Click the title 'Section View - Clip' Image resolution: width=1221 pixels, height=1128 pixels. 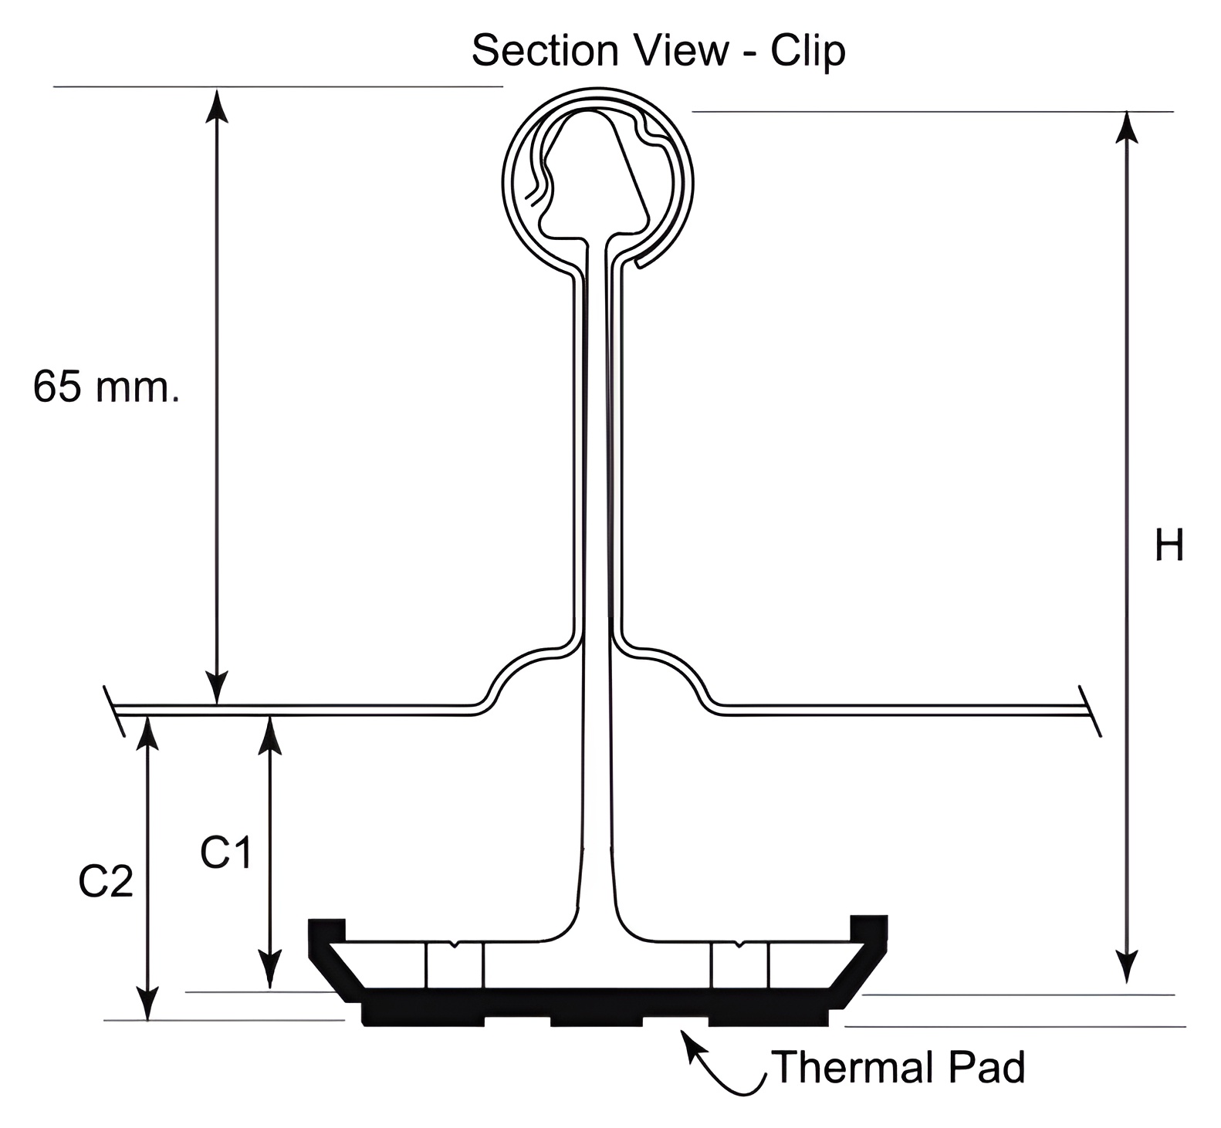pyautogui.click(x=658, y=51)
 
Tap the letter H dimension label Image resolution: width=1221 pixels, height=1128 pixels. pyautogui.click(x=1169, y=546)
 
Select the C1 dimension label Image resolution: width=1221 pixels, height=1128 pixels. pyautogui.click(x=225, y=853)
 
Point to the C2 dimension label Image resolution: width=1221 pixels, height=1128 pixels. pyautogui.click(x=106, y=882)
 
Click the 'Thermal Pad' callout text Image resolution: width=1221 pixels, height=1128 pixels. pyautogui.click(x=898, y=1067)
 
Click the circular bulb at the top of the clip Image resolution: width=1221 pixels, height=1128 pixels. pyautogui.click(x=597, y=181)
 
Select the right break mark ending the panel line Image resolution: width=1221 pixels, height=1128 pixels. pyautogui.click(x=1089, y=711)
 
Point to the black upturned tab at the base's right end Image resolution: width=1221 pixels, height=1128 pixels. pyautogui.click(x=869, y=928)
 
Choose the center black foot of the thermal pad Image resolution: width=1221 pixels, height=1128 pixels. pyautogui.click(x=596, y=1020)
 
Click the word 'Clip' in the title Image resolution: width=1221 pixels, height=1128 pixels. pyautogui.click(x=807, y=51)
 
